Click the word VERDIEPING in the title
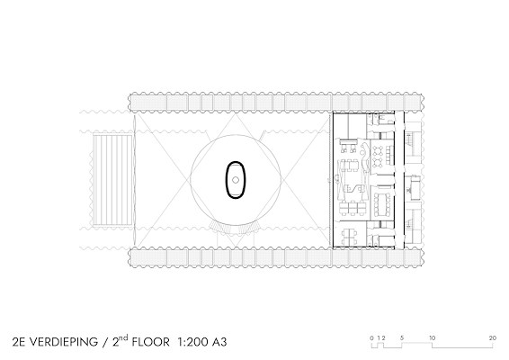(64, 342)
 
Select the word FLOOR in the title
(150, 342)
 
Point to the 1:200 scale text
(192, 342)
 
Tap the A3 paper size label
(219, 342)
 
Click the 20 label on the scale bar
(493, 337)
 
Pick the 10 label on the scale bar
(432, 337)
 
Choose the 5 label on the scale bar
(402, 337)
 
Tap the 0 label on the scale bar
(371, 337)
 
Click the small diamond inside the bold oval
(236, 180)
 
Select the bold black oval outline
(227, 180)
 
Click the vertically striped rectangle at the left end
(112, 180)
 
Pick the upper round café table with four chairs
(378, 151)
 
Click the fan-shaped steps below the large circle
(235, 228)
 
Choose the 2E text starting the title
(20, 342)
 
